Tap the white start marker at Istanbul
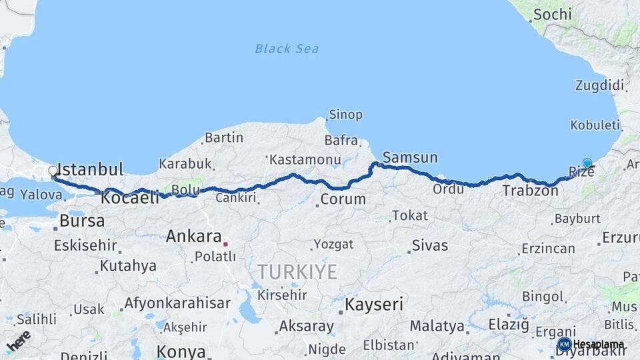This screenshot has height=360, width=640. tap(53, 171)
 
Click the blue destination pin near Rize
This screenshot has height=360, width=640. tap(587, 163)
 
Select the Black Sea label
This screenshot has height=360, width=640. tap(287, 49)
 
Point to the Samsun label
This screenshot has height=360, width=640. tap(410, 158)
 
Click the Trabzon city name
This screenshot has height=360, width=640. tap(530, 191)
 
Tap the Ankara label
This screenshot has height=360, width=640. tap(193, 236)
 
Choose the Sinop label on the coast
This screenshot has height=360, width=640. tap(345, 115)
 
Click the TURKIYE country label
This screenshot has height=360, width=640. tap(297, 272)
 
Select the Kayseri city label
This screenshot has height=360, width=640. tap(374, 305)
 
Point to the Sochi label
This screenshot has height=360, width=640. tap(553, 14)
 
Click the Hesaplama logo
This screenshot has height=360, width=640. tap(591, 344)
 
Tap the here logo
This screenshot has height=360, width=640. tap(18, 340)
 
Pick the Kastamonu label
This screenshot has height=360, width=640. tap(305, 160)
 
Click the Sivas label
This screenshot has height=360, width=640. tap(429, 245)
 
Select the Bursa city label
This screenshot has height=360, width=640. tap(81, 221)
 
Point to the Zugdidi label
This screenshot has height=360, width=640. tap(599, 85)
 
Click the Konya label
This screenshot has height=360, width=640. tap(181, 351)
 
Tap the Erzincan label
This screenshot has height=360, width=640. tap(548, 249)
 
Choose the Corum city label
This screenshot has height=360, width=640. tap(343, 199)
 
